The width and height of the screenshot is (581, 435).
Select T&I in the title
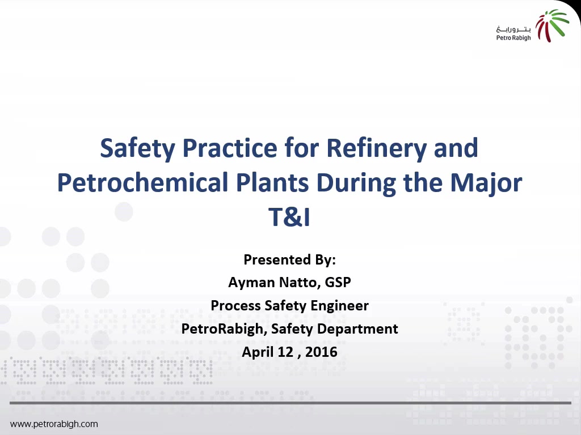pos(289,217)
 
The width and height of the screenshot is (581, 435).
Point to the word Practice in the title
pos(230,148)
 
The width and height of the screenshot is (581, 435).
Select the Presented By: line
pos(290,259)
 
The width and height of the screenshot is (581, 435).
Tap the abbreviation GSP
pos(338,282)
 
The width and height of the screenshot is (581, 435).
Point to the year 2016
pos(321,352)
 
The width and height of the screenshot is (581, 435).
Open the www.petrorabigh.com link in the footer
pos(54,424)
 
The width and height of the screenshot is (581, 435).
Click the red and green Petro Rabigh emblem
pos(551,25)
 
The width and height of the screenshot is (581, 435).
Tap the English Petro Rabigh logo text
pos(513,38)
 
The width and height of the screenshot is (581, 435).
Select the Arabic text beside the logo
pos(513,29)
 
